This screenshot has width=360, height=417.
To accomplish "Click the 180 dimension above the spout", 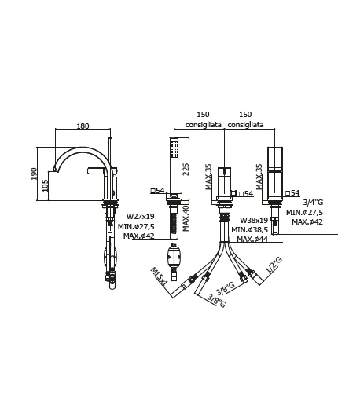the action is (x=83, y=126).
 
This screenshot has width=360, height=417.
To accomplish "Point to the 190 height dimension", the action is (x=34, y=174).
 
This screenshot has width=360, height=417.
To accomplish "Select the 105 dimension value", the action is (x=46, y=185).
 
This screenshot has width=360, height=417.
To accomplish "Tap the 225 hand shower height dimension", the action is (x=186, y=169).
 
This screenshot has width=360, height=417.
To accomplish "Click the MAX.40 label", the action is (x=186, y=218).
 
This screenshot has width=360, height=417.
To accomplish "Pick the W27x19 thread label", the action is (x=141, y=216).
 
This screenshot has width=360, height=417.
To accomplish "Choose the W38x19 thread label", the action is (x=254, y=220).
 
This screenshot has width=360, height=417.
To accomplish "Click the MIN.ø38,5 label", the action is (x=249, y=229).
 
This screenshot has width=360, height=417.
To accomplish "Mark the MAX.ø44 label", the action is (x=252, y=239).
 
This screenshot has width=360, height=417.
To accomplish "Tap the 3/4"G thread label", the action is (x=313, y=202).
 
